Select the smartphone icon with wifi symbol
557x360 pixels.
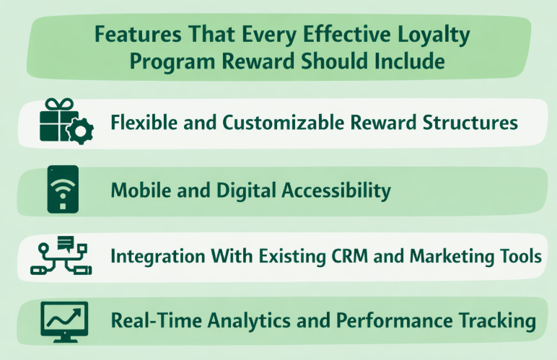coord(63,190)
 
